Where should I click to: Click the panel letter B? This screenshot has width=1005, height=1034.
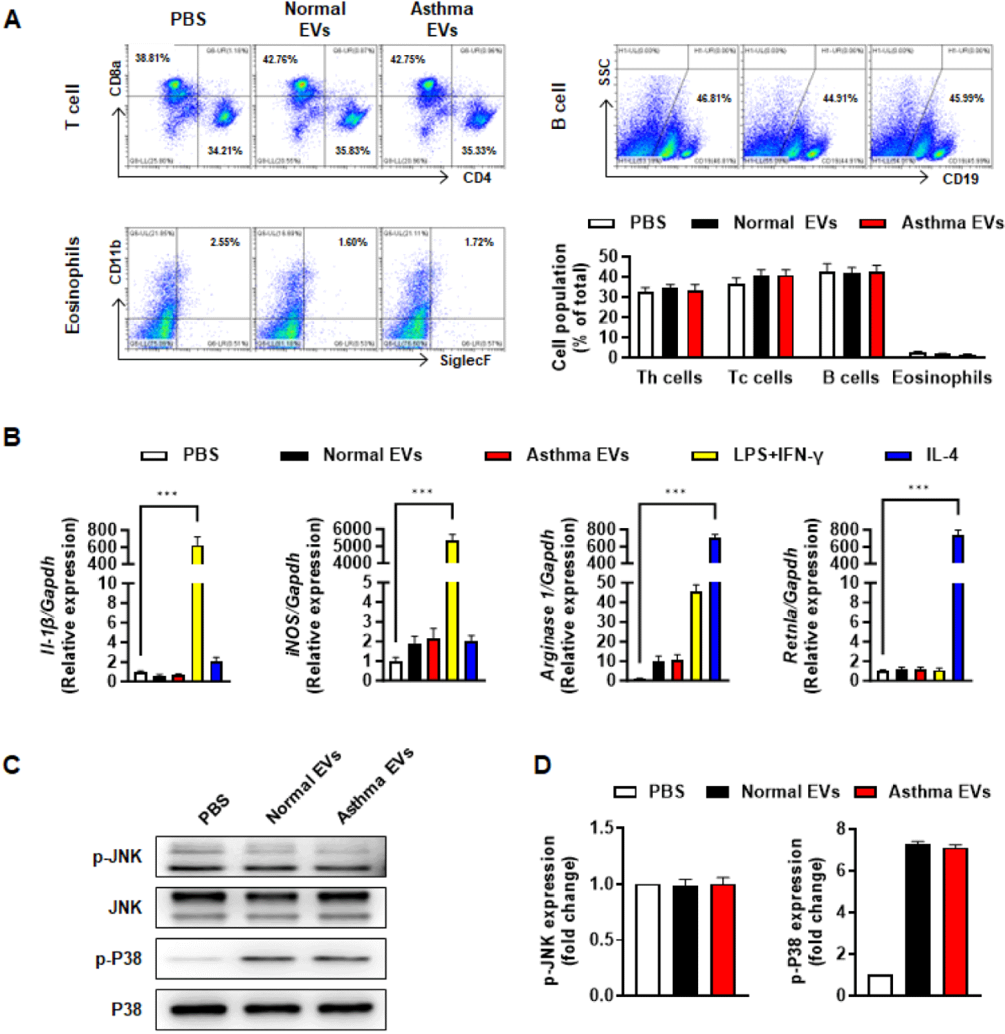[12, 437]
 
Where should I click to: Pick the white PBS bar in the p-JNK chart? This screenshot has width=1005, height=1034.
[648, 939]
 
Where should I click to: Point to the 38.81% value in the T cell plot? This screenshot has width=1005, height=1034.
[152, 58]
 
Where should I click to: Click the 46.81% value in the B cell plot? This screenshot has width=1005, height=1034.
[714, 98]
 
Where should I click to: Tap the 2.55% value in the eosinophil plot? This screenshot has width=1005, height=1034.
[225, 242]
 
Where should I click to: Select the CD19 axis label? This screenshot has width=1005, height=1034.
[960, 179]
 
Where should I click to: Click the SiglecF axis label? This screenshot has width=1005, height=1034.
[465, 360]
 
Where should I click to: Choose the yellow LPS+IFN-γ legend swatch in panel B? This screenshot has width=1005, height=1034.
[705, 456]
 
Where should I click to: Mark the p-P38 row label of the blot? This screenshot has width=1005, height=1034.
[119, 959]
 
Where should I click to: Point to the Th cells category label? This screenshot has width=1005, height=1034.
[669, 378]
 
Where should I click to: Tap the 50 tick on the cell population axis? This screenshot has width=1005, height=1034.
[608, 257]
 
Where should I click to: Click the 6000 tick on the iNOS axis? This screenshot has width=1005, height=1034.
[352, 529]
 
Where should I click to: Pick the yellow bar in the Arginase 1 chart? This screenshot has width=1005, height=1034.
[696, 635]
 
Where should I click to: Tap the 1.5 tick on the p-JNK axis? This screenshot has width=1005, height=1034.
[602, 828]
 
